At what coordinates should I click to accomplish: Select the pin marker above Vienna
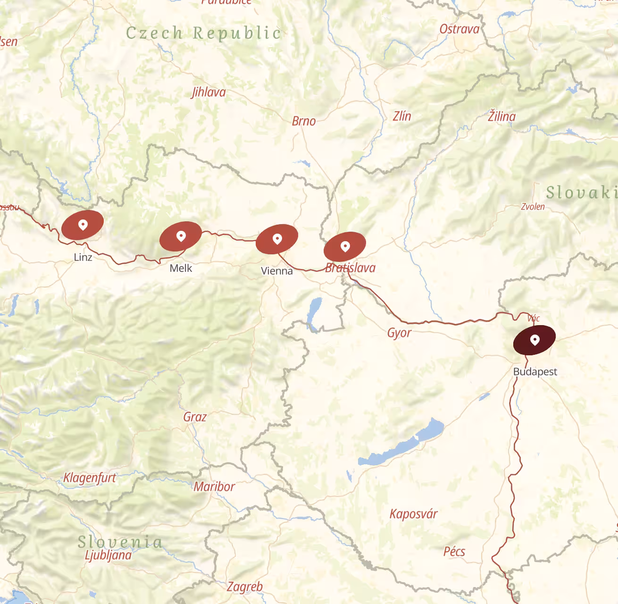pos(277,239)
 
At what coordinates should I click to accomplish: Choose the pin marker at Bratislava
pos(345,246)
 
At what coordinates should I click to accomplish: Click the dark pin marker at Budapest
pos(534,339)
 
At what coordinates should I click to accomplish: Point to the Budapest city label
pos(535,371)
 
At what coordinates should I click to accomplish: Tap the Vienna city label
pos(277,271)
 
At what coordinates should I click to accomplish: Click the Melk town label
pos(181,268)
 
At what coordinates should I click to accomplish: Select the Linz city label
pos(83,257)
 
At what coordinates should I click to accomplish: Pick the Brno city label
pos(304,121)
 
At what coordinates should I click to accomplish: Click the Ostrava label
pos(459,29)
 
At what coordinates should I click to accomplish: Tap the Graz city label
pos(195,417)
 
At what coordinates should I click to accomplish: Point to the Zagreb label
pos(245,587)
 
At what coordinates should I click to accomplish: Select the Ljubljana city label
pos(108,555)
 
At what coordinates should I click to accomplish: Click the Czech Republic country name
pos(203,33)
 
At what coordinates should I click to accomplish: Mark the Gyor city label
pos(399,333)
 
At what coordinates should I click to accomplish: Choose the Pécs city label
pos(454,551)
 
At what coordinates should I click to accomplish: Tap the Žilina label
pos(501,116)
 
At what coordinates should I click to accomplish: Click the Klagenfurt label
pos(90,478)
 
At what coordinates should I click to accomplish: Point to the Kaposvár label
pos(413,514)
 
